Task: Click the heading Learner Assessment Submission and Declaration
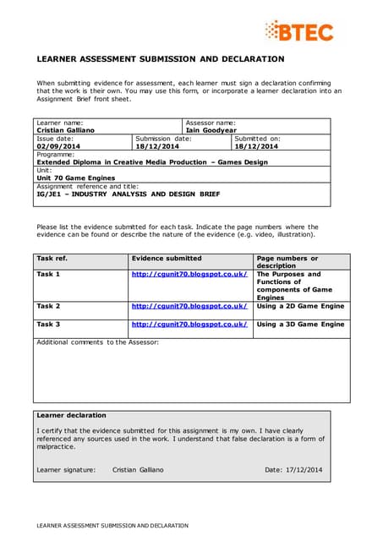(161, 59)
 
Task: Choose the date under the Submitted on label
(256, 146)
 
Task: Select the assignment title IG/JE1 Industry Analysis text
(129, 194)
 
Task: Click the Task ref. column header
(52, 258)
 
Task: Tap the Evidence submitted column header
(167, 258)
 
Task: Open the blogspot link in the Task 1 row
(189, 275)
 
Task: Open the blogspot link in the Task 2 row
(189, 306)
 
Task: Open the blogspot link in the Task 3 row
(189, 325)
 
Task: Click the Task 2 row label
(48, 306)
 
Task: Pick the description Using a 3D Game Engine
(300, 325)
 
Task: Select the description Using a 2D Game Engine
(300, 306)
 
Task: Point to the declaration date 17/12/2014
(303, 469)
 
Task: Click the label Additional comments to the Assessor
(97, 342)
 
